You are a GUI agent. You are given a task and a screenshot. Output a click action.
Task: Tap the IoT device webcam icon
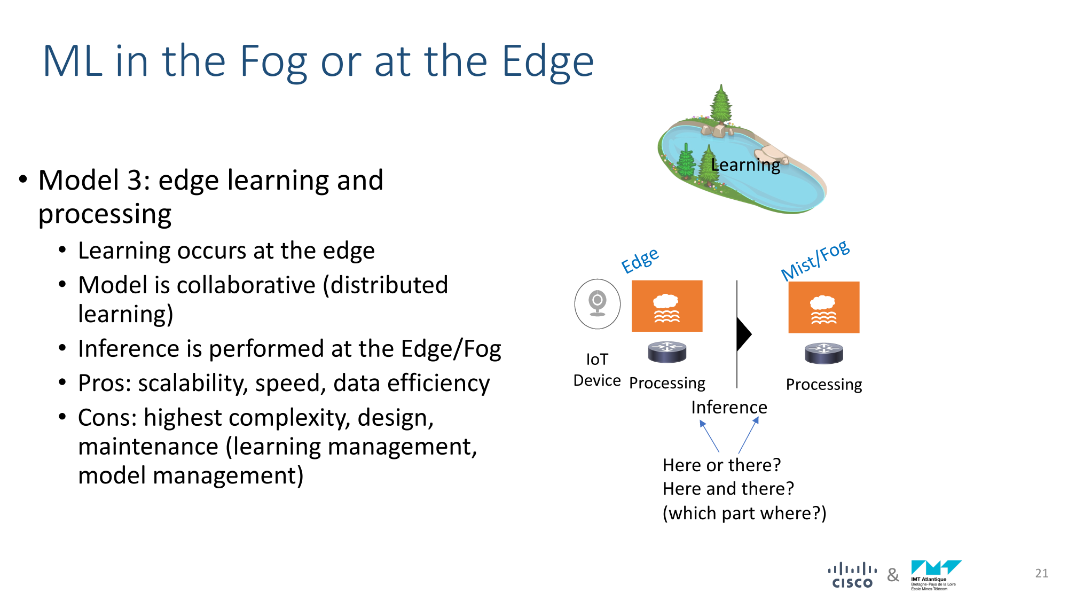tap(598, 304)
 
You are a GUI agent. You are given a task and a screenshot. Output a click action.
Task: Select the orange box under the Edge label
tap(667, 306)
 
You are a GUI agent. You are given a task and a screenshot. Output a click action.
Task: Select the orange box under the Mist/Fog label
tap(824, 307)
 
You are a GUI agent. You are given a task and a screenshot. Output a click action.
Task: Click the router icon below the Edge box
tap(667, 352)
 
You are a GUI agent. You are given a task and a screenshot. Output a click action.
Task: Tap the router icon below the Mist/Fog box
tap(824, 353)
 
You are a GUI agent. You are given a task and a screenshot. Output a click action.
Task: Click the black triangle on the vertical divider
tap(744, 334)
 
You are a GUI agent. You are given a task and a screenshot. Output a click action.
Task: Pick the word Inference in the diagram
tap(729, 408)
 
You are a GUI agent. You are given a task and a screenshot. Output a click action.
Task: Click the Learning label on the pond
tap(745, 166)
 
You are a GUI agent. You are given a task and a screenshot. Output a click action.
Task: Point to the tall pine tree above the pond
tap(721, 104)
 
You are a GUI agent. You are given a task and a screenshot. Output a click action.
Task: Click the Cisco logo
tap(852, 575)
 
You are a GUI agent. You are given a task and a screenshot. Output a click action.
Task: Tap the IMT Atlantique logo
tap(936, 575)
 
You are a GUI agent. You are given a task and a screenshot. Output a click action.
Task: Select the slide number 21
tap(1042, 573)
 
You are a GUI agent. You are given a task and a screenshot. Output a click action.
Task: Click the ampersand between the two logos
tap(893, 575)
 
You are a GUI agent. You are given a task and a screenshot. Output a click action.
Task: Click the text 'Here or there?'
tap(721, 465)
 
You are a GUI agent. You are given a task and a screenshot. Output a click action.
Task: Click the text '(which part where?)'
tap(744, 513)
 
